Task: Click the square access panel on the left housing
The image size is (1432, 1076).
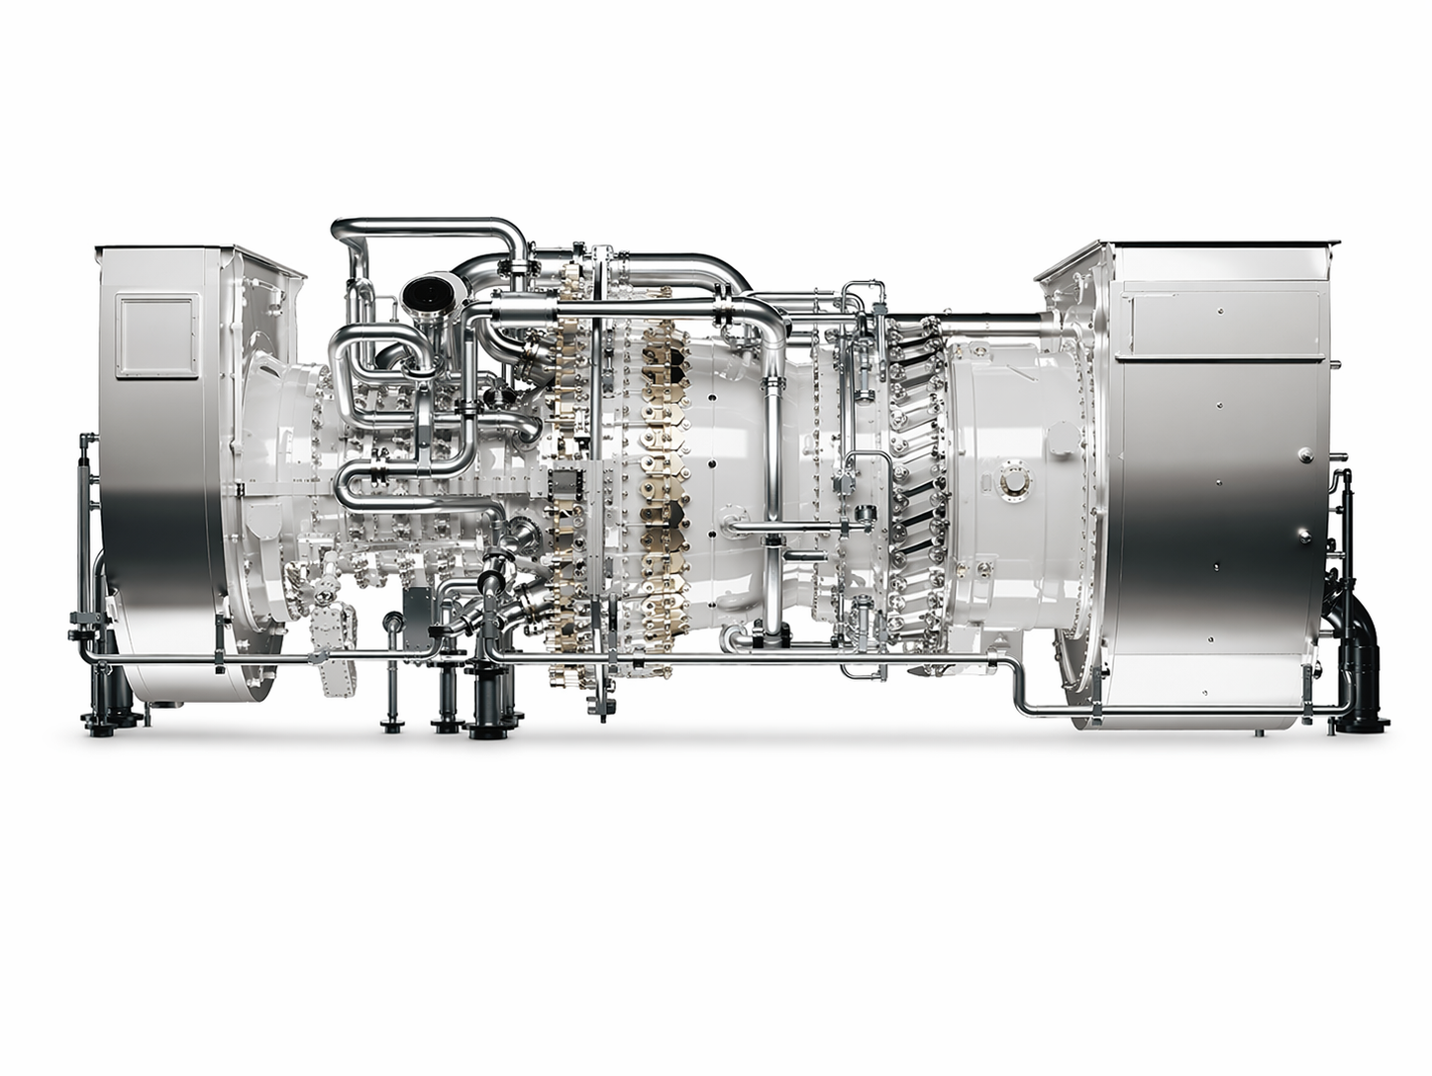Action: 149,335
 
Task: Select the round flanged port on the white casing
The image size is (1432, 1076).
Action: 1014,480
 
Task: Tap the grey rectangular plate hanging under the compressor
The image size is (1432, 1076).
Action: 418,618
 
